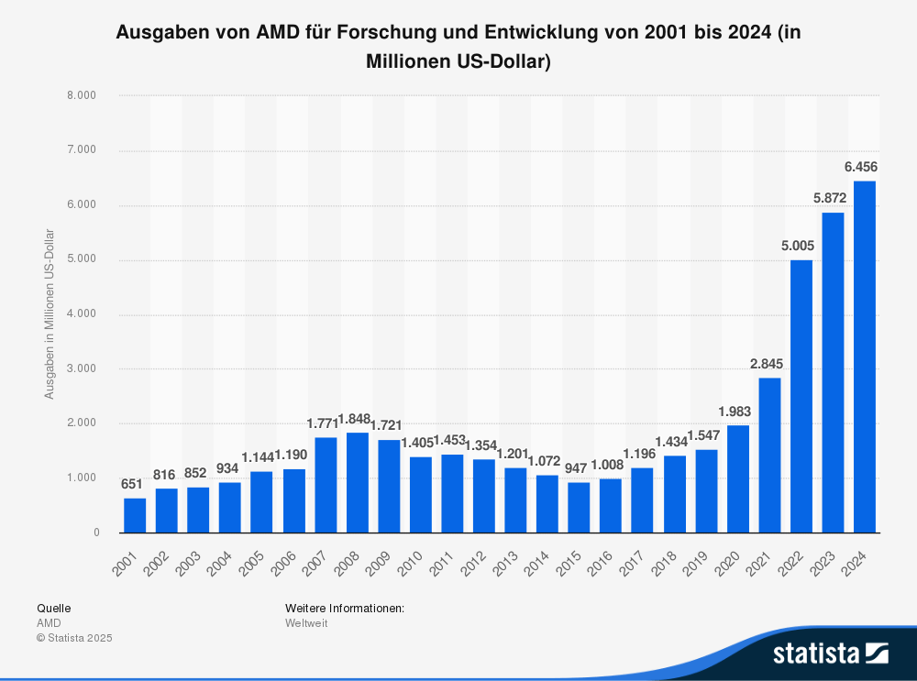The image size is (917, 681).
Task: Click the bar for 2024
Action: click(865, 357)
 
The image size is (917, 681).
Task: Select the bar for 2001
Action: click(135, 515)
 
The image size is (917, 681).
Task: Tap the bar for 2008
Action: click(358, 482)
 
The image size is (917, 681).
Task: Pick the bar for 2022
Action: click(801, 396)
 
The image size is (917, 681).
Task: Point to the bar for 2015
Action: click(580, 507)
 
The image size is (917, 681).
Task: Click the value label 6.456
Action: click(861, 167)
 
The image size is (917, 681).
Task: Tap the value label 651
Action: click(133, 484)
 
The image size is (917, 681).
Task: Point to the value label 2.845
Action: click(766, 364)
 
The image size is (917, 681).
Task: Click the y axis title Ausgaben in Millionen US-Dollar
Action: click(50, 313)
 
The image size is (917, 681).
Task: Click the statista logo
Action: click(831, 653)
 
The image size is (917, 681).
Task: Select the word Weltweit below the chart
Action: click(306, 623)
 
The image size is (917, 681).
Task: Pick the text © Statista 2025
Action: click(74, 638)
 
